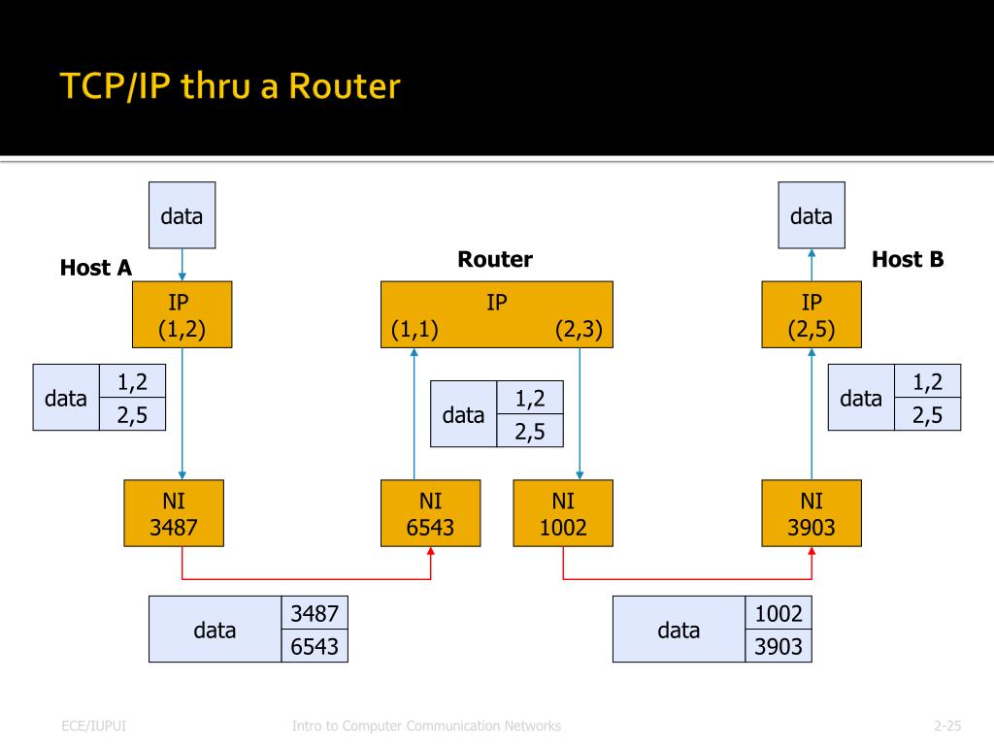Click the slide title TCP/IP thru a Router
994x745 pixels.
[229, 87]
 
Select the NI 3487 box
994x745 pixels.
[174, 514]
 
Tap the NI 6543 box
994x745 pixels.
[430, 514]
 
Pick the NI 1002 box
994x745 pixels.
[563, 514]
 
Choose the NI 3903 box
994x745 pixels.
[812, 514]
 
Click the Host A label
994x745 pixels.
[95, 268]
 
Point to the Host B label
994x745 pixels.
[908, 259]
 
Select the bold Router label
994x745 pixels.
[495, 259]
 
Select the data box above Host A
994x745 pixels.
[182, 215]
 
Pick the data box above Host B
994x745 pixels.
[812, 215]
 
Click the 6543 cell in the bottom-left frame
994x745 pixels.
[315, 646]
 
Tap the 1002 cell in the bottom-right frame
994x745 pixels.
[779, 613]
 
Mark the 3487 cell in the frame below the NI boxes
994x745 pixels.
[315, 613]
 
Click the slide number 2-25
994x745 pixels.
[946, 726]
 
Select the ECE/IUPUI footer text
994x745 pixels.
[93, 726]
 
